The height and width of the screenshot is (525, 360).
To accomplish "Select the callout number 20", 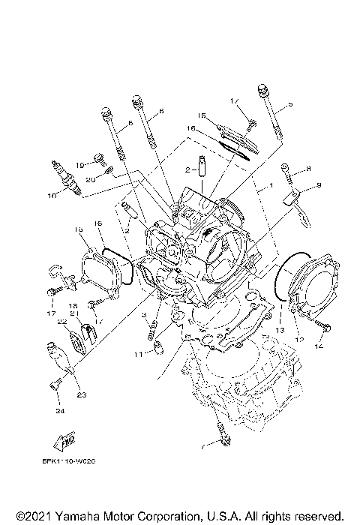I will pos(89,179).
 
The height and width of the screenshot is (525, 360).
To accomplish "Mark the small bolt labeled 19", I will pos(97,157).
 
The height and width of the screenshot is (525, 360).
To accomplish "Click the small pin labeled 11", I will pos(159,346).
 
